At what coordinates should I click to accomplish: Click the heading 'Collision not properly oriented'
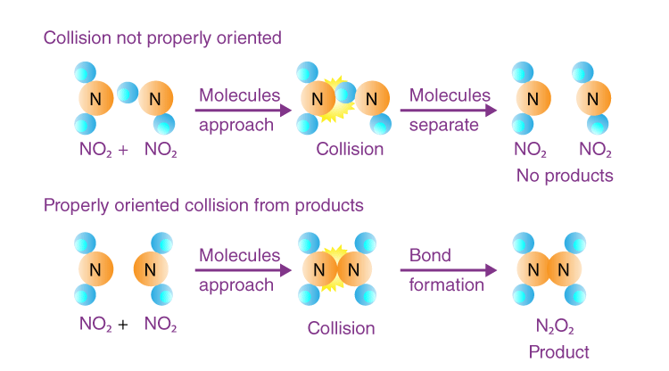[x=162, y=37]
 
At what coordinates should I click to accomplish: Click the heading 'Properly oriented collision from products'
[x=203, y=205]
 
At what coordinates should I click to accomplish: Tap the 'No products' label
[x=565, y=175]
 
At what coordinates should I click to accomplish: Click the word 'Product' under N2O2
[x=559, y=351]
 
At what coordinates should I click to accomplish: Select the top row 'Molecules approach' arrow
[x=244, y=110]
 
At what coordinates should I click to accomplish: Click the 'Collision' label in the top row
[x=350, y=149]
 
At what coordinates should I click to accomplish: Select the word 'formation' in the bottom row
[x=446, y=285]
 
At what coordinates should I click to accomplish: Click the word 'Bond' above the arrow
[x=430, y=256]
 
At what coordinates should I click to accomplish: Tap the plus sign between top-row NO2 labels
[x=122, y=150]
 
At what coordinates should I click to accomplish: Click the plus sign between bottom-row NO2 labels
[x=122, y=325]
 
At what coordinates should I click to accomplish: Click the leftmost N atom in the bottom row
[x=95, y=268]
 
